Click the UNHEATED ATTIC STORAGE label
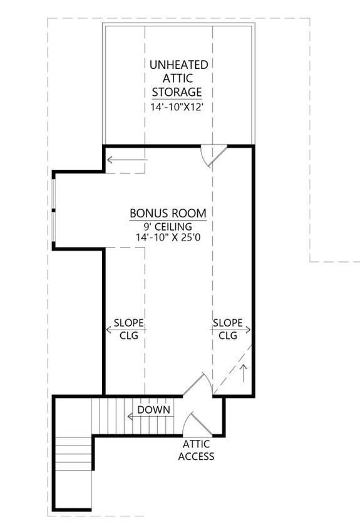click(x=179, y=78)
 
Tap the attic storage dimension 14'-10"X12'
click(x=179, y=107)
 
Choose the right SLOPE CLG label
click(x=228, y=328)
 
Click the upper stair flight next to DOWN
click(x=110, y=415)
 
